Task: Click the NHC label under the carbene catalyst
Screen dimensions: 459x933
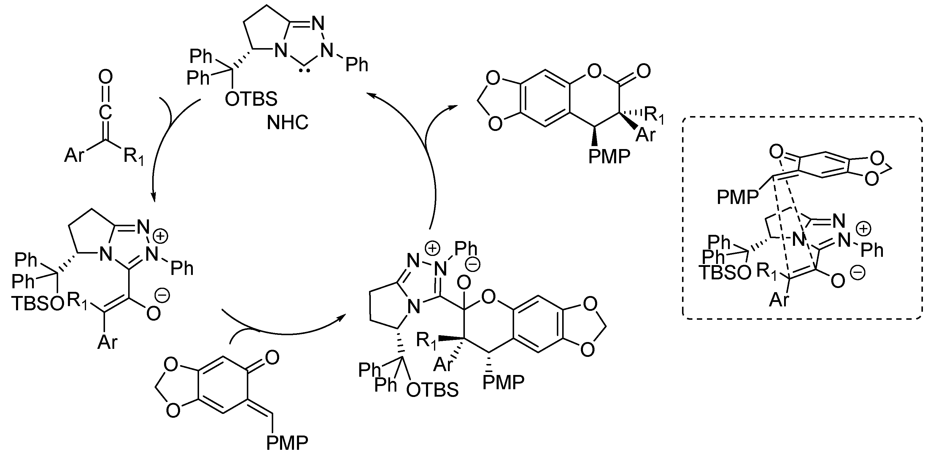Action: [287, 123]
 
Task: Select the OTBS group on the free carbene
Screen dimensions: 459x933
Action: [251, 99]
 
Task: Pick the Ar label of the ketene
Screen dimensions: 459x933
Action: [74, 155]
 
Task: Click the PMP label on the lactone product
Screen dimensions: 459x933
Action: [609, 157]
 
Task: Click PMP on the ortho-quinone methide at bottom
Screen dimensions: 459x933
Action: [287, 442]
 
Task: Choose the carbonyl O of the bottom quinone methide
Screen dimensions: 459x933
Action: [272, 357]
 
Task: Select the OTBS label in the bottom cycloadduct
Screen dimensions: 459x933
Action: [432, 390]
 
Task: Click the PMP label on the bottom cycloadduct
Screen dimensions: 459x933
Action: [503, 382]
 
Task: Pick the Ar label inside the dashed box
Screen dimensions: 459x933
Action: [779, 300]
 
